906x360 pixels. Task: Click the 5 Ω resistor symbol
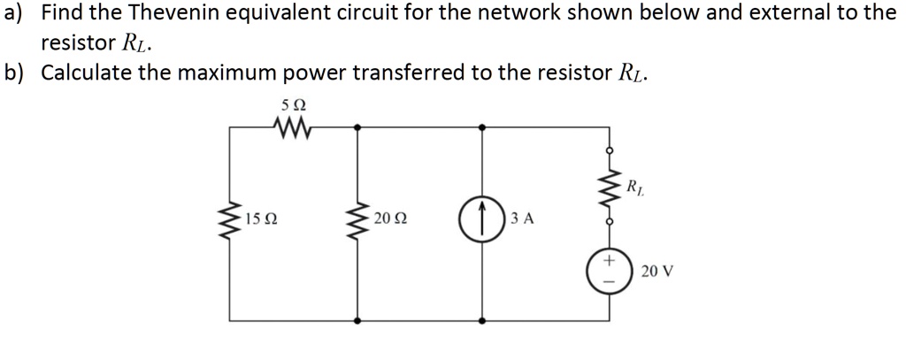pyautogui.click(x=291, y=128)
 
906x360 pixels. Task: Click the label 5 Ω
pyautogui.click(x=291, y=106)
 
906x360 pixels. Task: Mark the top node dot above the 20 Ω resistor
pyautogui.click(x=358, y=127)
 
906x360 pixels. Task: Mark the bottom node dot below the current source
pyautogui.click(x=482, y=319)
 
